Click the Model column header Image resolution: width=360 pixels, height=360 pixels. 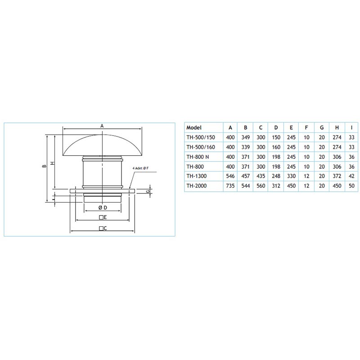194,128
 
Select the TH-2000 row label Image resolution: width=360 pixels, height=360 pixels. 196,186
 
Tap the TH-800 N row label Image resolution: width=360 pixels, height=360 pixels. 198,157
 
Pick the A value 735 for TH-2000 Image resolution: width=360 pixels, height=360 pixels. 230,186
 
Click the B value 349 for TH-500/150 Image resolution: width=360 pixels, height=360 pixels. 245,137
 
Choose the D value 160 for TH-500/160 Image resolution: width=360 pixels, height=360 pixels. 276,147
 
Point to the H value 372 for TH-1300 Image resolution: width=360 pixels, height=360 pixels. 337,176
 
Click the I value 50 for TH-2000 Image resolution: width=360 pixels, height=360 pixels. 351,186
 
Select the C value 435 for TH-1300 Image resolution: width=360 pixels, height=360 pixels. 261,176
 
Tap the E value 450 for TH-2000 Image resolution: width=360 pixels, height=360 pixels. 291,186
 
